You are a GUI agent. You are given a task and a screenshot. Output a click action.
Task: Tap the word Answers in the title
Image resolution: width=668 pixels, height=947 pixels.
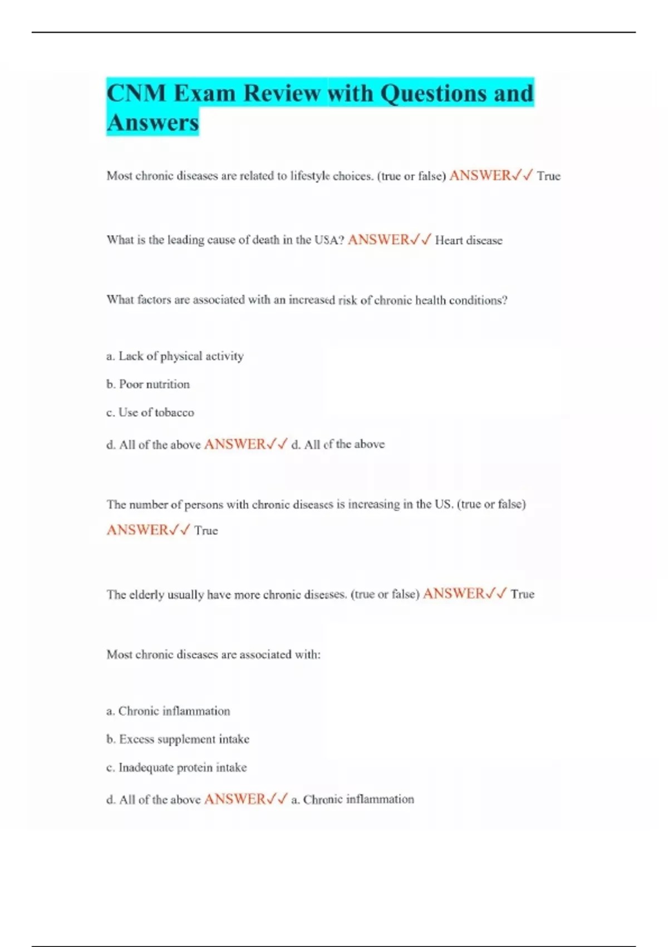(x=153, y=123)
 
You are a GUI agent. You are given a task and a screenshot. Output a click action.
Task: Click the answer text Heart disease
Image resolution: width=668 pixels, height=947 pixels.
(x=469, y=241)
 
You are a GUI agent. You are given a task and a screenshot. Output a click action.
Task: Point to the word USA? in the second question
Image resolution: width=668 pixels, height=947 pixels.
(x=330, y=240)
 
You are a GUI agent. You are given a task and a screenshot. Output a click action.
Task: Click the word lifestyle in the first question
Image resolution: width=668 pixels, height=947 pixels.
(x=310, y=176)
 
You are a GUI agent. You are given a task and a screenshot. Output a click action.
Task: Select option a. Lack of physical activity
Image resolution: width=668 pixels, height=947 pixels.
(x=175, y=356)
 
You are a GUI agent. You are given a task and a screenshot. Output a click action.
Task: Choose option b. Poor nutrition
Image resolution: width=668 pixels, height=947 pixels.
(x=148, y=384)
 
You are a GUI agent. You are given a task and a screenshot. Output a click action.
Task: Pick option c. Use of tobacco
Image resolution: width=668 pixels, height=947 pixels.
(x=150, y=413)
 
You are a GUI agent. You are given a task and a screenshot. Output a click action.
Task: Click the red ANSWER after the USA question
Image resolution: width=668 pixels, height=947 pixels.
(x=379, y=240)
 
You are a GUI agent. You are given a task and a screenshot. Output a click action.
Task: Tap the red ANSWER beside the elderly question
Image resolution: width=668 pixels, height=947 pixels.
(x=454, y=594)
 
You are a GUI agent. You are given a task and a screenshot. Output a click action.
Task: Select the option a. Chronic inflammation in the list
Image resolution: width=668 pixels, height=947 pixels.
(x=168, y=711)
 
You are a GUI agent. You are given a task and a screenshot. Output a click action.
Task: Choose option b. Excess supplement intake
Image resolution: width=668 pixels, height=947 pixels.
(x=178, y=739)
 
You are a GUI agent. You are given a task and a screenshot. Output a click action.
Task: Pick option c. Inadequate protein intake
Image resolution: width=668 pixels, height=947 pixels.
(x=176, y=768)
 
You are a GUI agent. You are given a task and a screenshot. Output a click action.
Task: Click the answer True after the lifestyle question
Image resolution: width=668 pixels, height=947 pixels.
(x=548, y=176)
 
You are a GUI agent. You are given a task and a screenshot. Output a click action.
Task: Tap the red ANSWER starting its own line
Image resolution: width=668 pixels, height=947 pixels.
(x=137, y=530)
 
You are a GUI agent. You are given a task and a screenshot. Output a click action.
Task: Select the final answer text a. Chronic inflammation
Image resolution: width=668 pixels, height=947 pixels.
(x=352, y=799)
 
